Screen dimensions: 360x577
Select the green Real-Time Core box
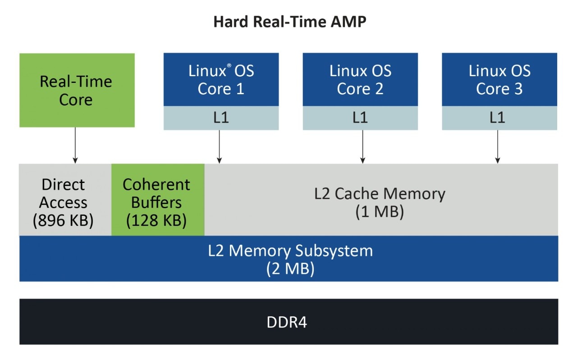[77, 90]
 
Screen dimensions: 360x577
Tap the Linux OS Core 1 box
[221, 80]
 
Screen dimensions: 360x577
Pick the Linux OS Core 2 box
[360, 80]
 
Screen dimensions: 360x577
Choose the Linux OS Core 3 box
[499, 80]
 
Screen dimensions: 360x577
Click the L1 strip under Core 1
[221, 118]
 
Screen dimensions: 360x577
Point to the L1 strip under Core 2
[360, 118]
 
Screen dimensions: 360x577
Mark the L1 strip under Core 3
[499, 118]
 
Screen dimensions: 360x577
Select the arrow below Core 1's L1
[219, 146]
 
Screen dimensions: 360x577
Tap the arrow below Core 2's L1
[362, 146]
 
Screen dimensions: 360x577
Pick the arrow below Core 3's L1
[498, 146]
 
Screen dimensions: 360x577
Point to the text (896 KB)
[63, 221]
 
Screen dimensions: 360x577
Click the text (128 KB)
[156, 221]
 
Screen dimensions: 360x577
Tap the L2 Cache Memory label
[380, 194]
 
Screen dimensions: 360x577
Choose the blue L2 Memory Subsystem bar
[288, 259]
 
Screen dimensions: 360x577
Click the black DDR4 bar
[288, 322]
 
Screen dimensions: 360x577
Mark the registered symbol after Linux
[229, 66]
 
